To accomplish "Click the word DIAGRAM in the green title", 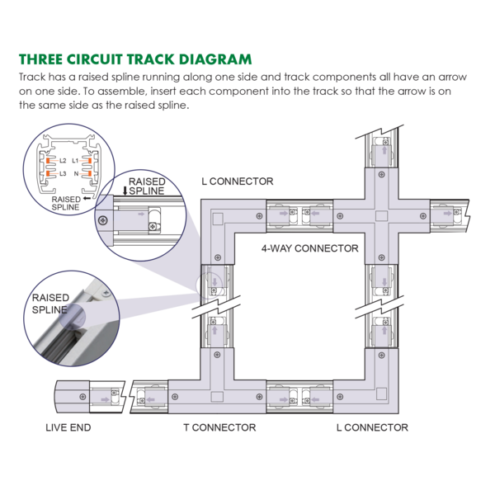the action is (x=215, y=59).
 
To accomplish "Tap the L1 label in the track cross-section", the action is (x=75, y=161).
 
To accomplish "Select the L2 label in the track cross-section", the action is (x=63, y=161).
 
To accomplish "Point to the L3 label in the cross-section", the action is (x=63, y=173).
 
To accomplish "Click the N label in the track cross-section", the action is (x=76, y=173).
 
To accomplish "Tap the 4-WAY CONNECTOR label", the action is (x=309, y=248).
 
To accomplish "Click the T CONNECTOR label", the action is (x=219, y=427).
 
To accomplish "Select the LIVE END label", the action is (x=68, y=427).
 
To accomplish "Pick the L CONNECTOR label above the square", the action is (x=238, y=181).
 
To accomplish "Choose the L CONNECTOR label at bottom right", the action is (x=372, y=427).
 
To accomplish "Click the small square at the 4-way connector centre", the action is (x=381, y=216).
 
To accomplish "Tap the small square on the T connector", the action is (x=217, y=397).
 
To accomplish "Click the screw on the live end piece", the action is (x=82, y=397).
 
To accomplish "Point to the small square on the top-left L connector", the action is (x=218, y=219).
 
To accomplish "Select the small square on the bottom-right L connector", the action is (x=381, y=394).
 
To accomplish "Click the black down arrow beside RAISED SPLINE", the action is (x=125, y=191).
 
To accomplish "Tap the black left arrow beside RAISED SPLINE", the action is (x=87, y=199).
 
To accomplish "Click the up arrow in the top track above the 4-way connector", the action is (x=384, y=150).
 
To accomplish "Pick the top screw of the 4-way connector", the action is (x=381, y=174).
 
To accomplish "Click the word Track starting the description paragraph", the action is (x=32, y=77).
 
